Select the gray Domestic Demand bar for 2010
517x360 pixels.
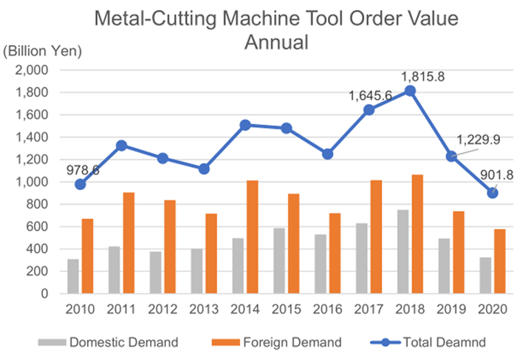point(73,276)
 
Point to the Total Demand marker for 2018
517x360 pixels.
point(410,91)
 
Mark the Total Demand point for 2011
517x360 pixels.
point(122,146)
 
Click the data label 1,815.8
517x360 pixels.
point(422,75)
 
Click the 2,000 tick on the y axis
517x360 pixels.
point(32,70)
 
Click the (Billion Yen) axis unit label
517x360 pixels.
point(43,51)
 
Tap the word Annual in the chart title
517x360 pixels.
point(276,42)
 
